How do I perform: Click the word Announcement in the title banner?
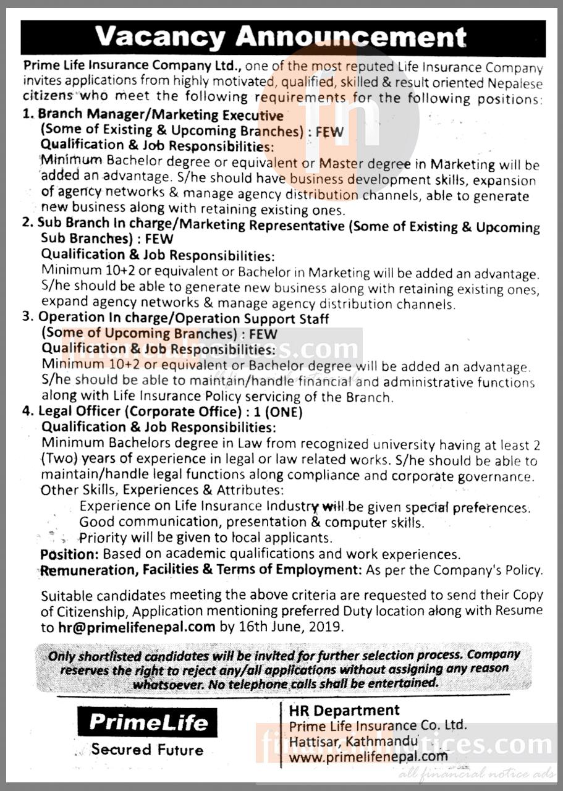pyautogui.click(x=351, y=38)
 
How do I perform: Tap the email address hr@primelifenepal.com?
pyautogui.click(x=136, y=626)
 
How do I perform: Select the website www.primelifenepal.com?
pyautogui.click(x=368, y=756)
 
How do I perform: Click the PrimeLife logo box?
pyautogui.click(x=147, y=722)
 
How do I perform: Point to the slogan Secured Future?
pyautogui.click(x=147, y=750)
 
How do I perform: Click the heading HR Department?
pyautogui.click(x=344, y=710)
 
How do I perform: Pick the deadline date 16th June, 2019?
pyautogui.click(x=290, y=626)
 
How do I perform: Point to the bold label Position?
pyautogui.click(x=69, y=554)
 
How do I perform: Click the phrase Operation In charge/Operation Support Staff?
pyautogui.click(x=183, y=319)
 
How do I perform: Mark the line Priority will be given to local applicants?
pyautogui.click(x=206, y=538)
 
